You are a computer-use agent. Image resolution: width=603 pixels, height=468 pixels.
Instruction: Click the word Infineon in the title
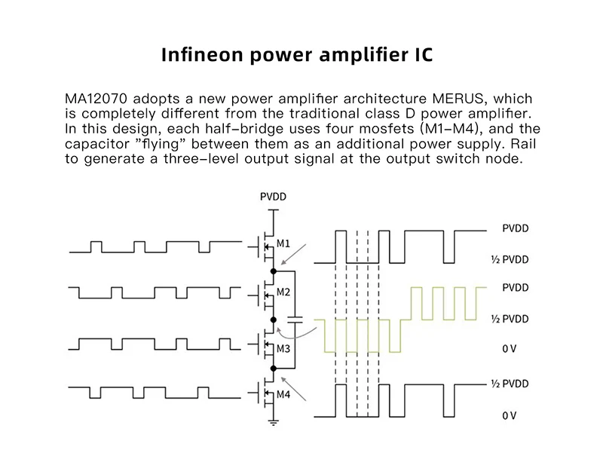[202, 54]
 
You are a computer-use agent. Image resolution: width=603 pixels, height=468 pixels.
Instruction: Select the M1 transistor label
[283, 243]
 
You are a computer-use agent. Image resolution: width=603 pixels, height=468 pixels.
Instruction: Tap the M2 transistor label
[283, 292]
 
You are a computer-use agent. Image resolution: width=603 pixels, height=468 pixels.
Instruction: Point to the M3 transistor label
[283, 349]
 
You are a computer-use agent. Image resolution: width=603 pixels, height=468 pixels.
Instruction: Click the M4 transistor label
[283, 395]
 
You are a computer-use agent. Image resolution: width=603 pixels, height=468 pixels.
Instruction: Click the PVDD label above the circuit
[273, 197]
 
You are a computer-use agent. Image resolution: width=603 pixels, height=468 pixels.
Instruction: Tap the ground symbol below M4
[274, 423]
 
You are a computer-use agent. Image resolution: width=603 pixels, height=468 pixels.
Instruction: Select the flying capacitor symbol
[295, 320]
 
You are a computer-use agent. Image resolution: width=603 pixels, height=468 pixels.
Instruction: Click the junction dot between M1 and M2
[274, 271]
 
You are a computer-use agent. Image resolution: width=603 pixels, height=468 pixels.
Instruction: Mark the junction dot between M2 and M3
[274, 320]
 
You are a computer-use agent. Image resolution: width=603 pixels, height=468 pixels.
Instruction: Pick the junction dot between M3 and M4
[274, 369]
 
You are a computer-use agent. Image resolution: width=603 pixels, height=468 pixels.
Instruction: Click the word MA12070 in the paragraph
[96, 99]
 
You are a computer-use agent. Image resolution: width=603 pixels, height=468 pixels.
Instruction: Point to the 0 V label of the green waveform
[510, 349]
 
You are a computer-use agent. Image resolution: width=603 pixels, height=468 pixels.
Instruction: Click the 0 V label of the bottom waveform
[510, 416]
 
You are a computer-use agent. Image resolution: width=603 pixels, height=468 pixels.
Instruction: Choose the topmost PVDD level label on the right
[516, 228]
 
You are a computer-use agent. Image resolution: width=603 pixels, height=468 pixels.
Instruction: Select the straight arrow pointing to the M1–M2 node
[293, 254]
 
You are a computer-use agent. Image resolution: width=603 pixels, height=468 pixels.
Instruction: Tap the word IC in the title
[424, 54]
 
